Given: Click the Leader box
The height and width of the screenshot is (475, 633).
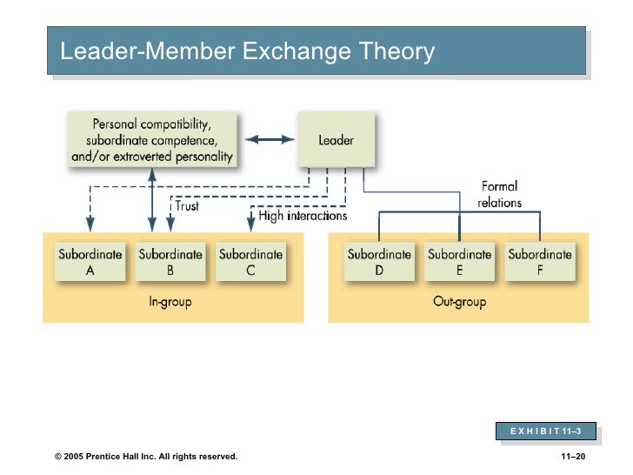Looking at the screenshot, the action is (336, 139).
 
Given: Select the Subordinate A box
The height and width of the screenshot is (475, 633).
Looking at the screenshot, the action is (90, 262).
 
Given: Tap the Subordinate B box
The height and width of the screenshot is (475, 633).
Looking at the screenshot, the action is (170, 262).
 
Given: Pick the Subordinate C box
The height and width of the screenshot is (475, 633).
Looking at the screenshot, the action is (250, 262).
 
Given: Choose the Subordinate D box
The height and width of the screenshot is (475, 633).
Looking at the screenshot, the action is (379, 262).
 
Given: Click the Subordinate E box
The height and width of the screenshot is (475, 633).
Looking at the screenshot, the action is (459, 262).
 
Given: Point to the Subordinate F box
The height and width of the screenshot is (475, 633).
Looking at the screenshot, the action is (540, 262).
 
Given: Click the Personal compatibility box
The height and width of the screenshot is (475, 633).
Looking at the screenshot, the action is (151, 139).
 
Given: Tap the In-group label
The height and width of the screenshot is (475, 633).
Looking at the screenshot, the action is (170, 302).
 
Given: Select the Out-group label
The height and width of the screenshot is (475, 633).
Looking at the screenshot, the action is (459, 302).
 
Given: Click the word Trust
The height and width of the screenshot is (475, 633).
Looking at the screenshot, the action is (187, 206).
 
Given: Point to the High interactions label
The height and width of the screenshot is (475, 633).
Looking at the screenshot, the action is (303, 215).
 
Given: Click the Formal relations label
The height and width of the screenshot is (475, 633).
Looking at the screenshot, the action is (499, 194).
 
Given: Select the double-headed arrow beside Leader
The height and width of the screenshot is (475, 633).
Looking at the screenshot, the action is (270, 139).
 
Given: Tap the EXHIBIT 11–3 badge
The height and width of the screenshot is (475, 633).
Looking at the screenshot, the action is (547, 432).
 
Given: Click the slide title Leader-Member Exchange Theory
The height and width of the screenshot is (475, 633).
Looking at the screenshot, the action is (247, 52).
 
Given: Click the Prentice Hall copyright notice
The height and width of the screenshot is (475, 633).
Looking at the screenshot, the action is (145, 457).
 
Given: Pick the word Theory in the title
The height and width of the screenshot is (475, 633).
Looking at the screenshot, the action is (394, 52).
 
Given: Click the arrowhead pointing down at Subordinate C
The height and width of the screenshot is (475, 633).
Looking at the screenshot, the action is (250, 226).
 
